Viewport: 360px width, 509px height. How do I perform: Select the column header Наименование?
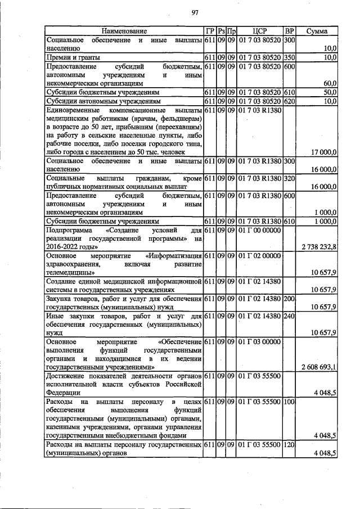(x=124, y=30)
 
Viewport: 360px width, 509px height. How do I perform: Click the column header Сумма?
(x=317, y=30)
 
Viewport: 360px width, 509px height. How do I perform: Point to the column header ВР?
(x=290, y=30)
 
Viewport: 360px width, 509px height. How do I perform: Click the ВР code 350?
(x=290, y=57)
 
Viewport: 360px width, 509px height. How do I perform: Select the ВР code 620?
(x=290, y=101)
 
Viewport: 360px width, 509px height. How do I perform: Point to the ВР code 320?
(x=290, y=178)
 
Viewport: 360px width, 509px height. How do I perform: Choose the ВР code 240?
(x=290, y=317)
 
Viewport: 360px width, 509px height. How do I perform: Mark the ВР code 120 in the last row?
(x=290, y=444)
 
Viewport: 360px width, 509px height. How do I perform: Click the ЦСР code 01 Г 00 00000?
(x=259, y=230)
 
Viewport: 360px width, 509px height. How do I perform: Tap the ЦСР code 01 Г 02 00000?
(x=259, y=256)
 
